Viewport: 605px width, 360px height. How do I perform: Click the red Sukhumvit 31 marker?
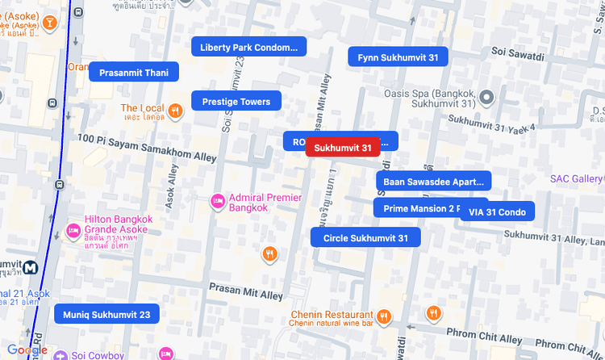coord(343,148)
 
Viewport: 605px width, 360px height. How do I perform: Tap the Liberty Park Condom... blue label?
coord(248,48)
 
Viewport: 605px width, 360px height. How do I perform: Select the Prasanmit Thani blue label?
coord(133,73)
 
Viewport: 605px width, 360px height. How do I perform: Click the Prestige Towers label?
coord(236,102)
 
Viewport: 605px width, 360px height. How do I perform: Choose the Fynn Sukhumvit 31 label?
coord(398,57)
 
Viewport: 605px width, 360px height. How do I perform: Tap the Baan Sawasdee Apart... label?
coord(433,182)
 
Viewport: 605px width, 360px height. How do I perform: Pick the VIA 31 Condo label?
coord(497,211)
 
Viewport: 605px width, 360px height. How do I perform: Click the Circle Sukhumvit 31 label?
coord(371,238)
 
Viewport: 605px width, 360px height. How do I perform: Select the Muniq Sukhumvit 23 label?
coord(106,314)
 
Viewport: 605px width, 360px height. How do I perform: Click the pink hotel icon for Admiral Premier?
coord(217,201)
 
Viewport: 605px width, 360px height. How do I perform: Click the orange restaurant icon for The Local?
coord(175,110)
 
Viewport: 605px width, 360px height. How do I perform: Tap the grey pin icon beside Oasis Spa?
coord(486,98)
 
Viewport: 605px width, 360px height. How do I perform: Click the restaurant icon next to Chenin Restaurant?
coord(384,316)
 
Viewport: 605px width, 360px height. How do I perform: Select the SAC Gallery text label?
coord(576,178)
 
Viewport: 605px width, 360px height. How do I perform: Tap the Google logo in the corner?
coord(27,350)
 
